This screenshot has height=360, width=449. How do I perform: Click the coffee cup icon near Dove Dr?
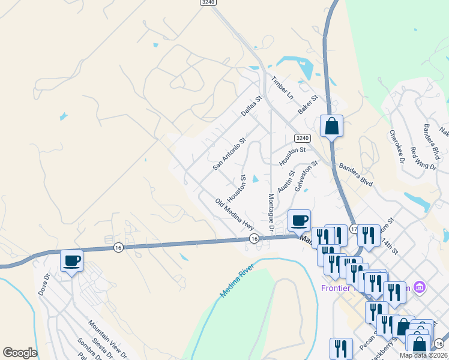pos(71,260)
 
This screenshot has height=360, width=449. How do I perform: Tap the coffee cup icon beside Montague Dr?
pos(299,220)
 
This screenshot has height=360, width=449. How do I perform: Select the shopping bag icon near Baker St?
pos(331,126)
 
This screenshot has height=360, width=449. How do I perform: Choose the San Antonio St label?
pos(230,154)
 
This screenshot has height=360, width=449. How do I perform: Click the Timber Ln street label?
pos(282,88)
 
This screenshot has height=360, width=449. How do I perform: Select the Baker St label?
pos(307,106)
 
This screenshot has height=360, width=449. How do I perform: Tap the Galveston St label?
pos(306,176)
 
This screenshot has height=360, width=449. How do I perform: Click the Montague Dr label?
pos(271,214)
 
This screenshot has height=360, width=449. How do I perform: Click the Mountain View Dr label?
pos(108,339)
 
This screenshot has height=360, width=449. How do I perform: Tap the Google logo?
pos(20,353)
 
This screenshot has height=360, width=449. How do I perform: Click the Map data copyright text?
pos(423,355)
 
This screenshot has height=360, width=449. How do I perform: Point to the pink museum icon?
pos(419,288)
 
